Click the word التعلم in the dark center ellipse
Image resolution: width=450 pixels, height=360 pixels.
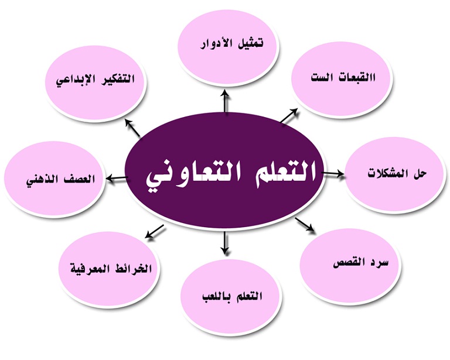point(281,172)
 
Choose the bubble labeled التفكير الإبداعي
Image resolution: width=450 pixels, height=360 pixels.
point(96,83)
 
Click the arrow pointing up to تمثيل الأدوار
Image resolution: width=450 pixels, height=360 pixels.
point(226,101)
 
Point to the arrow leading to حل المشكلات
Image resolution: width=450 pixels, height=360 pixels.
point(333,173)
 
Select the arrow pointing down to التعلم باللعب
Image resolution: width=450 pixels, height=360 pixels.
point(225,242)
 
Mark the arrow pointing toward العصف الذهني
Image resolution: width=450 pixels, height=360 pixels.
point(117,179)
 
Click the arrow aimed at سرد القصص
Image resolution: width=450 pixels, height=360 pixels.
point(305,224)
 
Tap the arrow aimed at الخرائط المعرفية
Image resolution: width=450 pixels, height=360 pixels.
point(155,232)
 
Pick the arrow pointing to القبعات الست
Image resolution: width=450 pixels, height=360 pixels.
point(289,116)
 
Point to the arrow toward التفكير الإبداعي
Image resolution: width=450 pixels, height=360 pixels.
point(132,128)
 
